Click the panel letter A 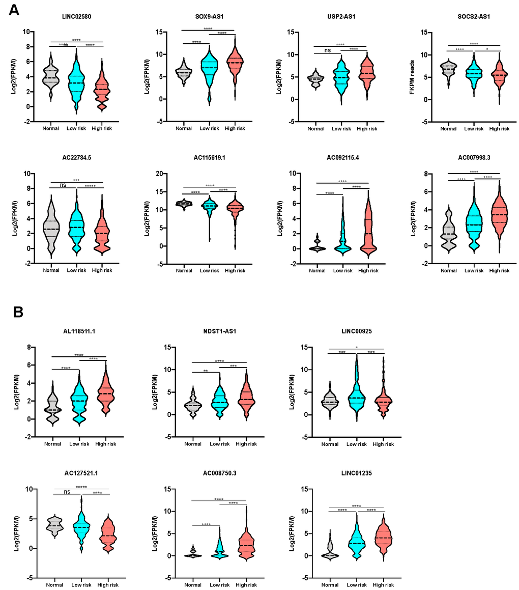tap(14, 9)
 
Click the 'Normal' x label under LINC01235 tap(330, 586)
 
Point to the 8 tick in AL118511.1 tap(30, 347)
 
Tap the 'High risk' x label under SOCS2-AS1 tap(499, 129)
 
